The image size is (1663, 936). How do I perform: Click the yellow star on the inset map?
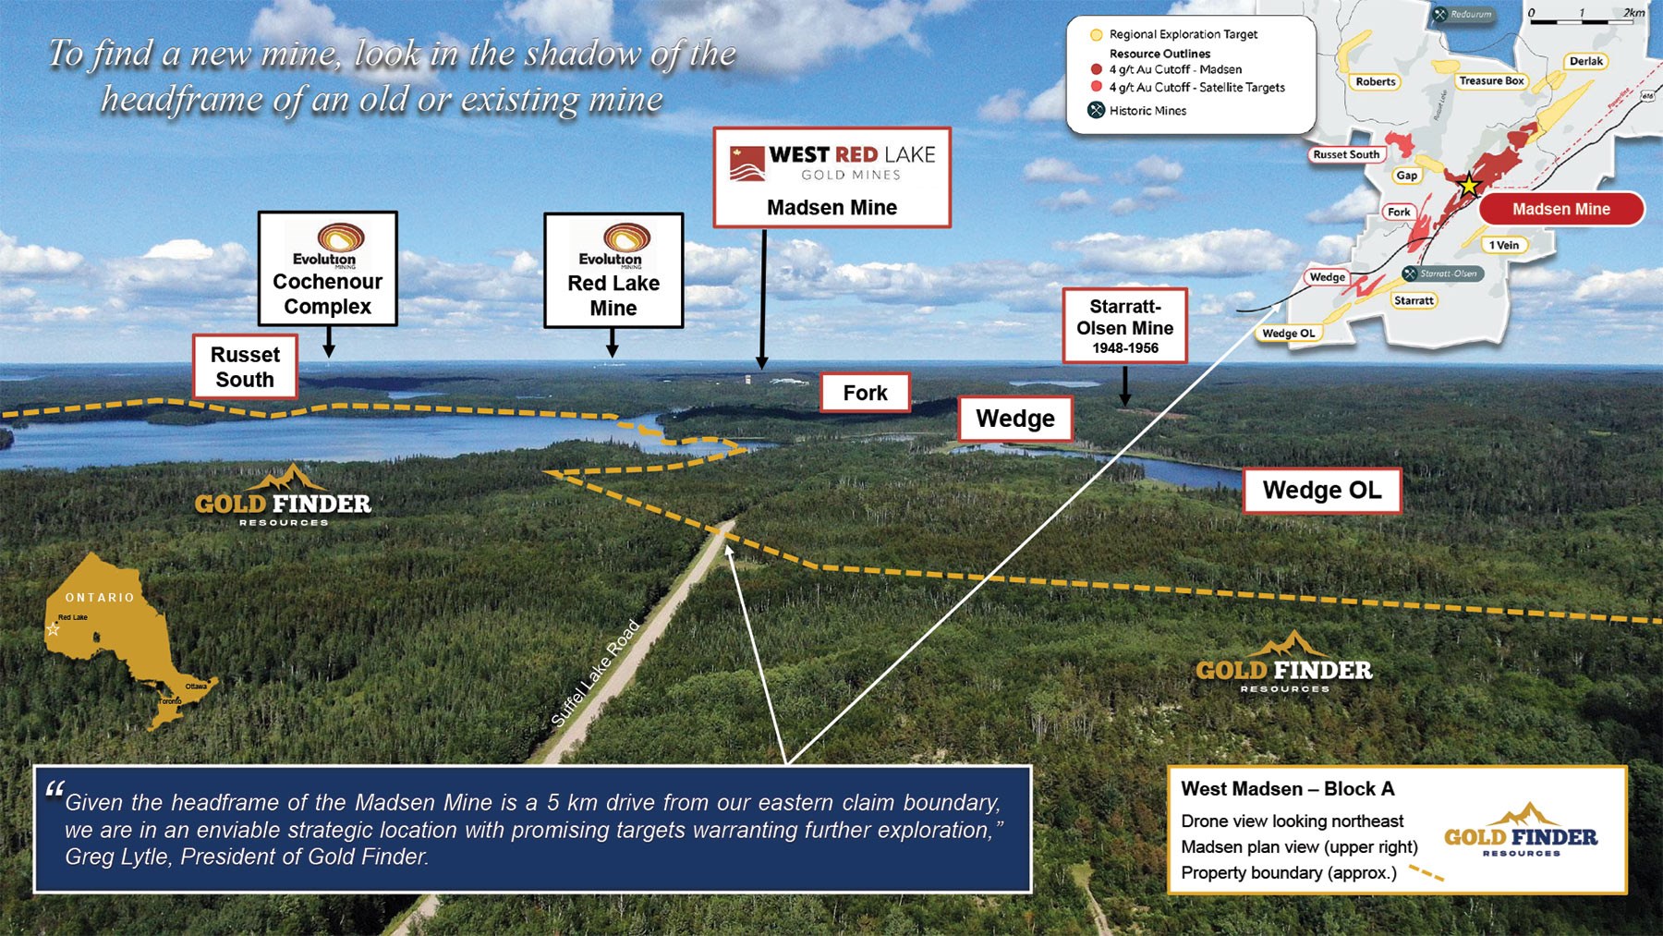(1469, 185)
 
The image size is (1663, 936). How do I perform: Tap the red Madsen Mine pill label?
(1560, 210)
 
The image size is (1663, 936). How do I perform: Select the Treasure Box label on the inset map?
(1491, 81)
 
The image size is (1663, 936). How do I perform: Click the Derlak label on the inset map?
(1586, 62)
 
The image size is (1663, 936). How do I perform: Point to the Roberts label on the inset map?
(1376, 82)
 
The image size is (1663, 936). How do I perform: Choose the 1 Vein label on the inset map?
(1504, 246)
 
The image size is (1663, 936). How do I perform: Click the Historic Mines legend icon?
(1097, 111)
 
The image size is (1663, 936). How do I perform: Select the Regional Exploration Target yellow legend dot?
(1097, 35)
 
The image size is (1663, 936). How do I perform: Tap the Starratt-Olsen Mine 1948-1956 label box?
(1124, 326)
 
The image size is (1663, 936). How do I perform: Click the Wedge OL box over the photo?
(1321, 491)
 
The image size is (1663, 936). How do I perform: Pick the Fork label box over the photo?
(865, 394)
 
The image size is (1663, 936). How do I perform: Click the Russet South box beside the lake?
(245, 368)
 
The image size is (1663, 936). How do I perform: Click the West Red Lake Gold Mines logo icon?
(747, 164)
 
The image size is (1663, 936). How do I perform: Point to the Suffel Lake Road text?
(596, 673)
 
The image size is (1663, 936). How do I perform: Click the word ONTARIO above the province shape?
(100, 598)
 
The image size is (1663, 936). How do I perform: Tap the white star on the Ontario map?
(53, 630)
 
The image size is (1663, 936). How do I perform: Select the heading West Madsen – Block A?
(1287, 789)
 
